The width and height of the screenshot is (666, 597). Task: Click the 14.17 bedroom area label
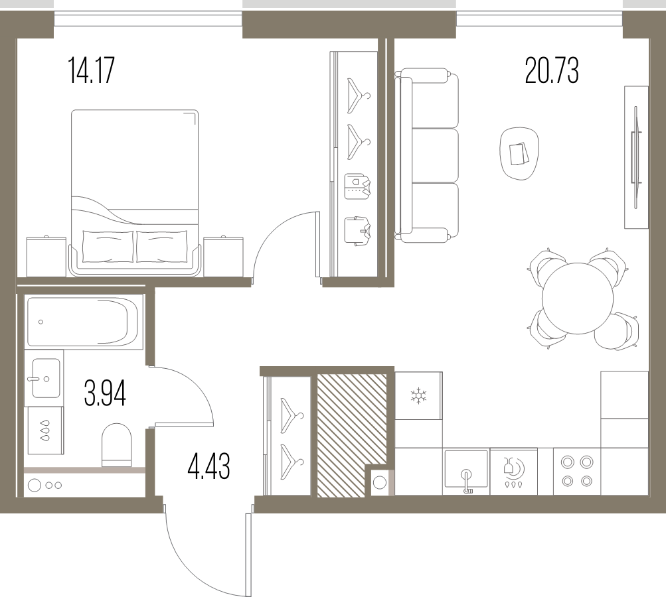(x=92, y=71)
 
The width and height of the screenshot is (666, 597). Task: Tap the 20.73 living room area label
(x=551, y=71)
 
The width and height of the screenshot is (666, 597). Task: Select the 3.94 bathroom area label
(x=105, y=394)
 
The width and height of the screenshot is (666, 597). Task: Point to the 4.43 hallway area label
(x=208, y=466)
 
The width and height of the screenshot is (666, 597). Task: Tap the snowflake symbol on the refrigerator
(x=418, y=395)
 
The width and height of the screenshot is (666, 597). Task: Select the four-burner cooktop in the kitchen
(x=577, y=471)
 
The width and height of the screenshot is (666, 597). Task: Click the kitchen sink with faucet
(x=466, y=472)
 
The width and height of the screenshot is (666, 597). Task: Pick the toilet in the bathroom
(x=116, y=444)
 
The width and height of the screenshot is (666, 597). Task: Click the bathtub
(x=82, y=322)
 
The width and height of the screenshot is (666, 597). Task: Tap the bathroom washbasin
(x=44, y=378)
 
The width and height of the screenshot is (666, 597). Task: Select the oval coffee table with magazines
(x=519, y=154)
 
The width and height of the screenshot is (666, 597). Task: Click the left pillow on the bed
(x=108, y=247)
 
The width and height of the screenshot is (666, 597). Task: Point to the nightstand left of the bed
(x=46, y=256)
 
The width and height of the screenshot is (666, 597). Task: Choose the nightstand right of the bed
(x=223, y=256)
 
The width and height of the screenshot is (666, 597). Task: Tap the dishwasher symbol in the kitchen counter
(x=513, y=472)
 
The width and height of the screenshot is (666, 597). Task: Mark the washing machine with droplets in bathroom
(x=45, y=431)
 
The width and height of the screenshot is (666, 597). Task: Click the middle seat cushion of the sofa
(x=436, y=155)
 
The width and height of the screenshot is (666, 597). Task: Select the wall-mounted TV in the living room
(x=636, y=157)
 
